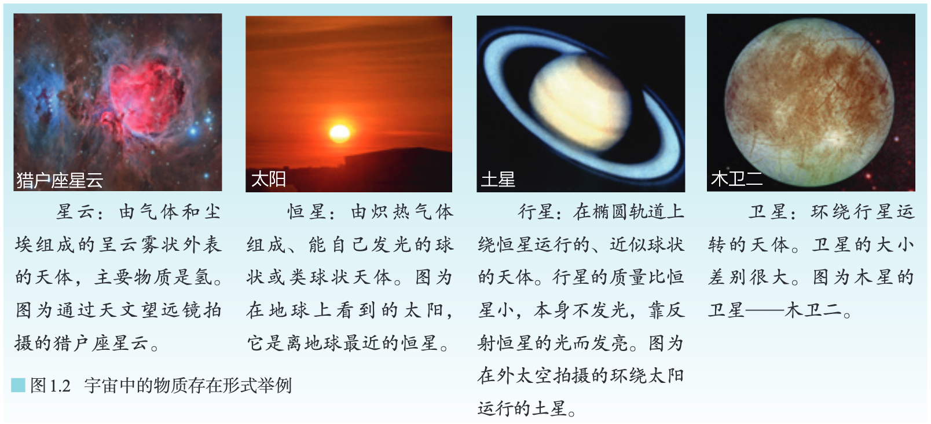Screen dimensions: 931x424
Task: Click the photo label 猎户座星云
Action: click(60, 180)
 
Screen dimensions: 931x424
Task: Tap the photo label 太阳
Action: click(268, 180)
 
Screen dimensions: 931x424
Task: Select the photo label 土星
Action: click(498, 180)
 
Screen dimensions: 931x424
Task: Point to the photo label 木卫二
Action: click(736, 179)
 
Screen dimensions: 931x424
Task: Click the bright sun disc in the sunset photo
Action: click(339, 133)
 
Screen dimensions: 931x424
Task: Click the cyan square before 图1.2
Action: click(18, 385)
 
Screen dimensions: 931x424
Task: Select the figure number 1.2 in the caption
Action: click(60, 386)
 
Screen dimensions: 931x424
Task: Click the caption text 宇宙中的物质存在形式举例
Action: click(188, 386)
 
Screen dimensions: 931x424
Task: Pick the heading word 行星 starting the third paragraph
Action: click(537, 212)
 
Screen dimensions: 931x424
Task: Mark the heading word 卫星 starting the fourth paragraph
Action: click(768, 212)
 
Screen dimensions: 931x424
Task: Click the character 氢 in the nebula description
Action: click(203, 277)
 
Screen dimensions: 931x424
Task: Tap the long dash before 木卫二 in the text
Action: click(764, 310)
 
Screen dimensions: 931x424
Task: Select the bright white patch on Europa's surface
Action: click(835, 137)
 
